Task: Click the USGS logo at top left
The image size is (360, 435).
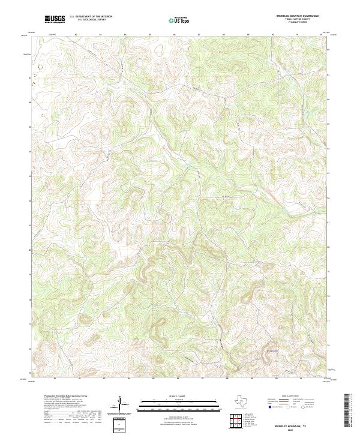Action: pyautogui.click(x=55, y=19)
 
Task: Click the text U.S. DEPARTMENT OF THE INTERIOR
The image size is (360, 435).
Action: pyautogui.click(x=91, y=17)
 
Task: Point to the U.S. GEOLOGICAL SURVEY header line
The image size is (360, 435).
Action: pyautogui.click(x=91, y=20)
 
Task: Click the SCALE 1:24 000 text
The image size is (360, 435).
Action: pyautogui.click(x=180, y=398)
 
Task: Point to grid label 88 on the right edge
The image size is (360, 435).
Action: pyautogui.click(x=328, y=49)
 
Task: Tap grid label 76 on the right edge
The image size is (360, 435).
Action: pyautogui.click(x=328, y=346)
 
